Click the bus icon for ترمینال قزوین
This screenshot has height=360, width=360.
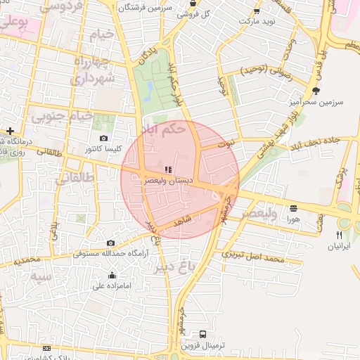pyautogui.click(x=203, y=334)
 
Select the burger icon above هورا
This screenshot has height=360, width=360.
pyautogui.click(x=292, y=208)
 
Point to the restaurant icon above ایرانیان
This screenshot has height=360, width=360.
pyautogui.click(x=339, y=235)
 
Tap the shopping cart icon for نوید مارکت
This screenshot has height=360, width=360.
pyautogui.click(x=256, y=11)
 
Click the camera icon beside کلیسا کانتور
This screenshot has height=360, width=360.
pyautogui.click(x=104, y=139)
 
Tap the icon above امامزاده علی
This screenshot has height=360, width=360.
pyautogui.click(x=112, y=275)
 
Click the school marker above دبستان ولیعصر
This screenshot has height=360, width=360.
pyautogui.click(x=167, y=169)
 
